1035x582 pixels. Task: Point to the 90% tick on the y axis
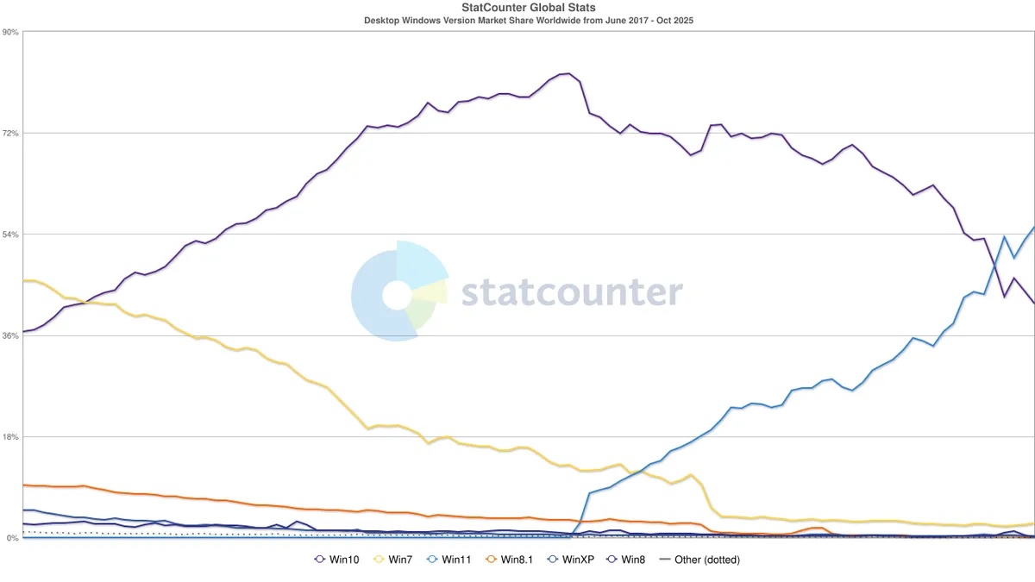(x=11, y=32)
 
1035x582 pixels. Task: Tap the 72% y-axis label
(x=11, y=134)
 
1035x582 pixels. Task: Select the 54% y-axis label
(x=11, y=235)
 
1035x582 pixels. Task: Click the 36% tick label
(x=11, y=335)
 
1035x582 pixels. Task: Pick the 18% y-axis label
(x=11, y=437)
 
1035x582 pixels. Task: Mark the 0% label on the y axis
(x=13, y=538)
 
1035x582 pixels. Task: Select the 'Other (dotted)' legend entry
(x=699, y=560)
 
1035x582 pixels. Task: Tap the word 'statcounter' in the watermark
(x=571, y=292)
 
